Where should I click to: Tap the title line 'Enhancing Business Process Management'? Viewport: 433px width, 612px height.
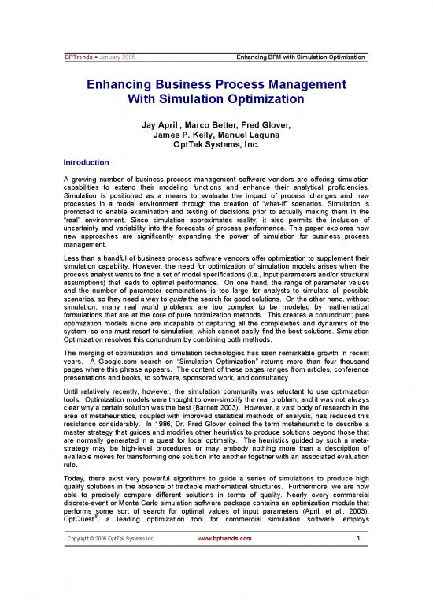216,84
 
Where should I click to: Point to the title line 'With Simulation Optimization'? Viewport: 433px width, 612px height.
216,100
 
